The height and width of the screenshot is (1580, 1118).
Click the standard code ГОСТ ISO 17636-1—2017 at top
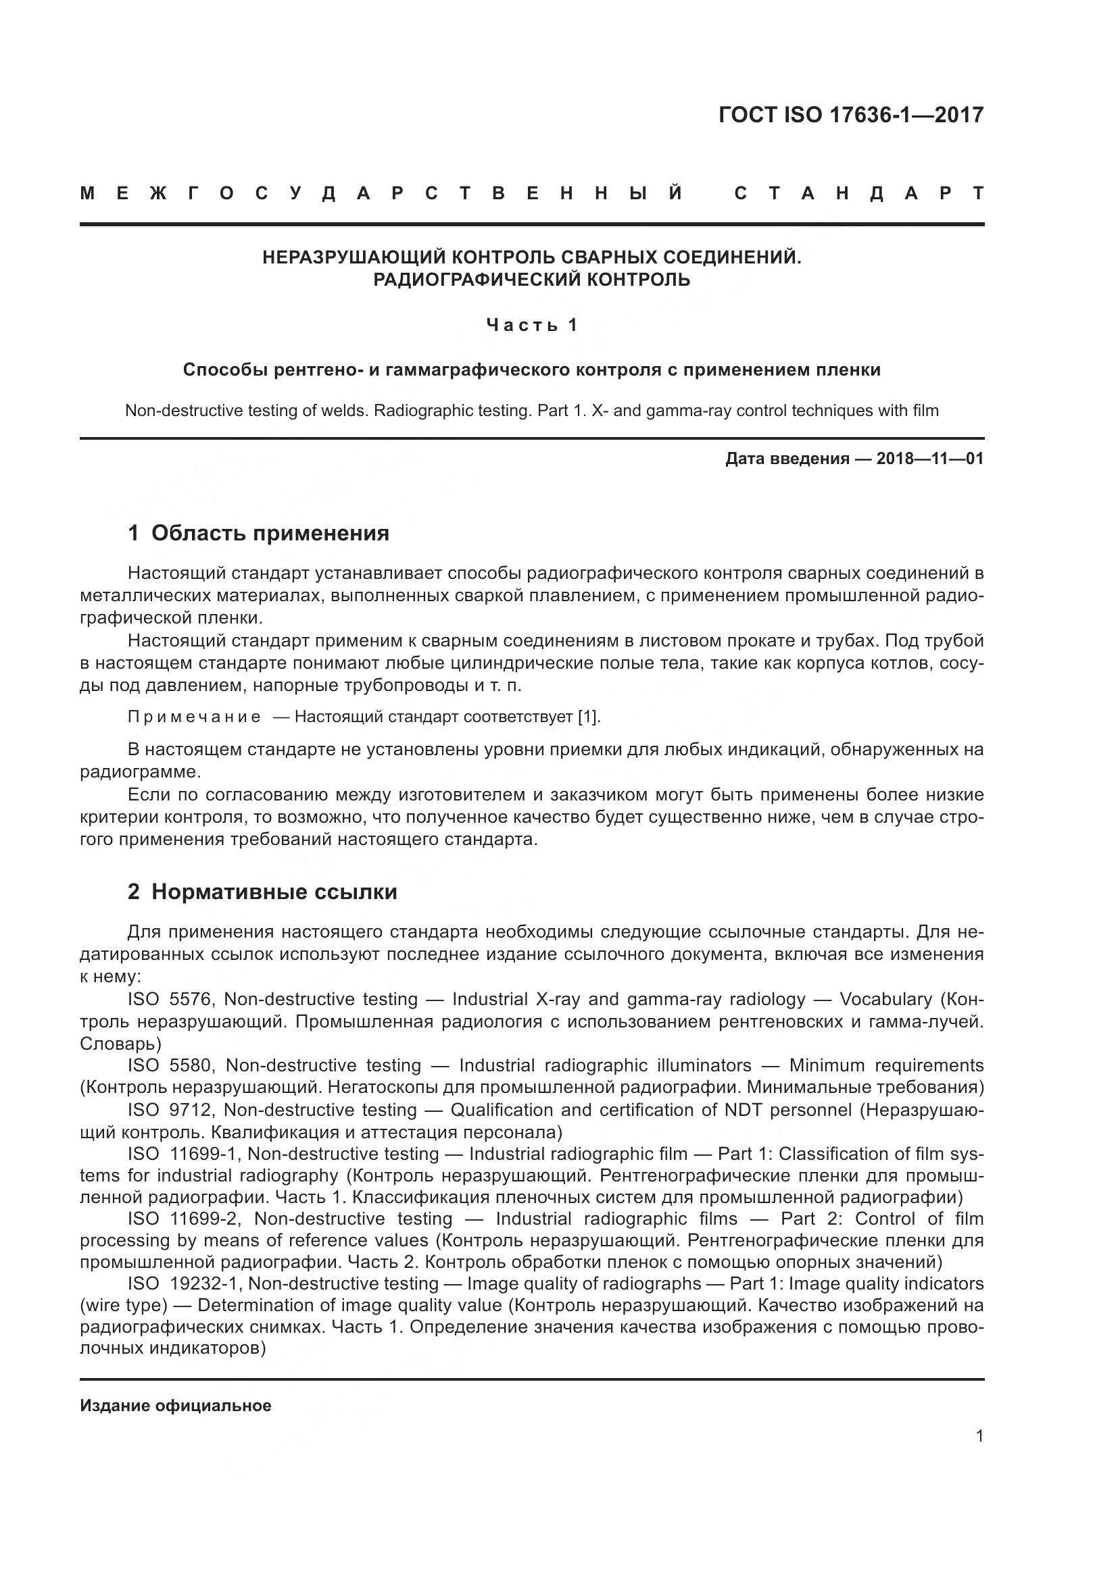pos(850,115)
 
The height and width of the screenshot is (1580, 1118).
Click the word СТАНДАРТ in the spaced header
pos(859,193)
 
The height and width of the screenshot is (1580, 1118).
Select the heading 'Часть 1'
pos(531,325)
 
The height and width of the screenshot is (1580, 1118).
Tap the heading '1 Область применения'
pos(258,534)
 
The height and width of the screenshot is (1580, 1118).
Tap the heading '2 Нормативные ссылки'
pos(262,892)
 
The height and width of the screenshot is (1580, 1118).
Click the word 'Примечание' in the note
pos(194,717)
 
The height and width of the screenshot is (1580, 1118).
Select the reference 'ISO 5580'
pos(172,1065)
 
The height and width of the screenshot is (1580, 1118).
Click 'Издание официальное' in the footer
pos(176,1406)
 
